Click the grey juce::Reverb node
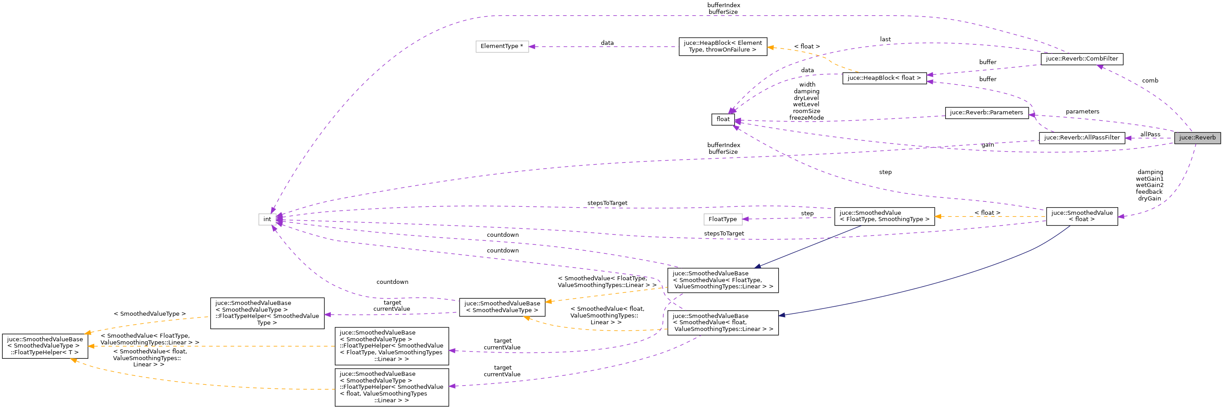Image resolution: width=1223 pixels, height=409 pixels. pos(1197,138)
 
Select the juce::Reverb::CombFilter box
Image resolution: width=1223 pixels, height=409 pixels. pos(1082,59)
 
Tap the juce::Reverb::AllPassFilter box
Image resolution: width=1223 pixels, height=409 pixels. pos(1082,138)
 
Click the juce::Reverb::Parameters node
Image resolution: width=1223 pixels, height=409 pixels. pos(986,113)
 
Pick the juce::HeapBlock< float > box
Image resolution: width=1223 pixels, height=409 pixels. pos(884,78)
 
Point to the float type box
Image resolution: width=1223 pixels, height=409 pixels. pos(723,120)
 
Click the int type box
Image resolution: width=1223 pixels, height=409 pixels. pos(267,219)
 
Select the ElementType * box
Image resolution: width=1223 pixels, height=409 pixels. pos(502,47)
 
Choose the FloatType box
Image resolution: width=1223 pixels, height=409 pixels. pos(722,219)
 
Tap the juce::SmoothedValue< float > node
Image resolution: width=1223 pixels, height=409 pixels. pos(1082,216)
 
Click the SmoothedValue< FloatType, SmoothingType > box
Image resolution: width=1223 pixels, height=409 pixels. pos(884,216)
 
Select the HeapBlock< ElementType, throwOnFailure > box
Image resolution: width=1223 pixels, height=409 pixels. pos(723,47)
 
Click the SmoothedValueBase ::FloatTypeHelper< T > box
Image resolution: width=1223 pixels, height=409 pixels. pos(44,346)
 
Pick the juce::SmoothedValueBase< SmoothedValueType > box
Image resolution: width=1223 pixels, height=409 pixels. pos(502,308)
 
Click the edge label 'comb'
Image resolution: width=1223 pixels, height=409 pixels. pos(1150,81)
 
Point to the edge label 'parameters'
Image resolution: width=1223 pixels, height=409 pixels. pos(1082,112)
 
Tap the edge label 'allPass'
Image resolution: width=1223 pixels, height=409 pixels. pos(1150,135)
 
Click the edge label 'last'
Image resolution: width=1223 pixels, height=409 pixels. pos(885,39)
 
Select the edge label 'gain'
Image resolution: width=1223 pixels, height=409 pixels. pos(987,145)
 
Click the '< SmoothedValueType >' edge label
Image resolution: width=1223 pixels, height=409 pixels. pos(149,314)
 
